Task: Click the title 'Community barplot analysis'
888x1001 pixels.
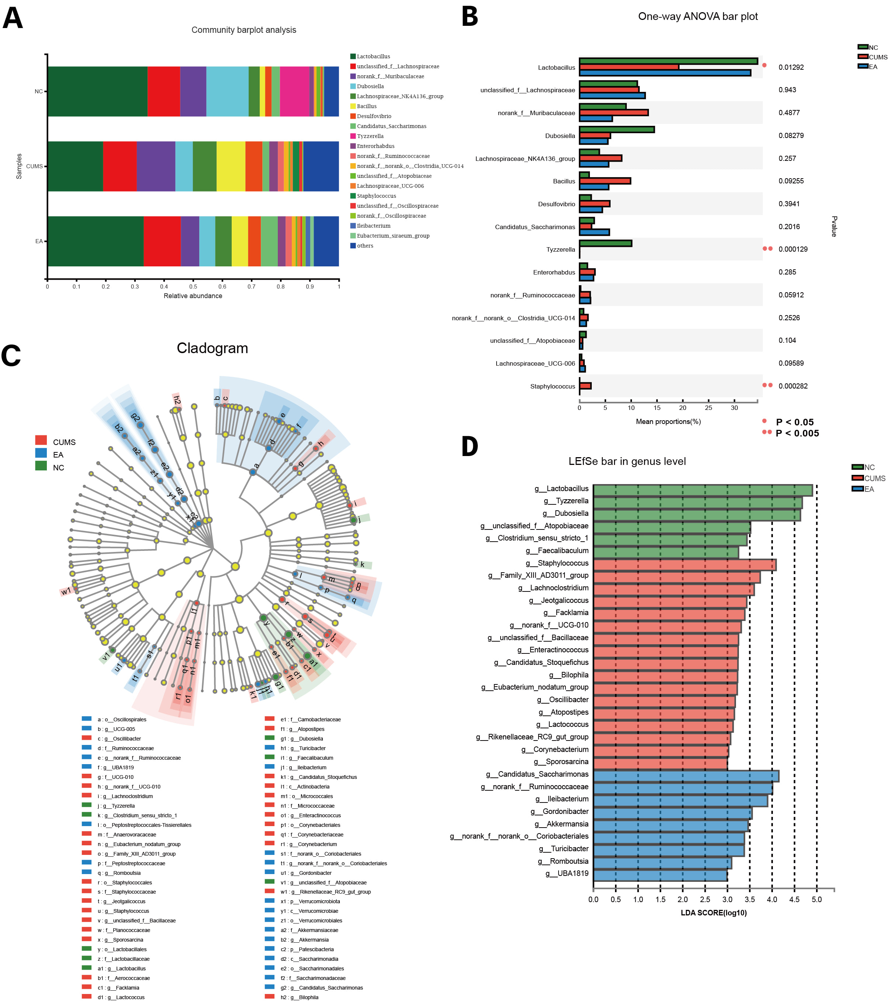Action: (x=243, y=30)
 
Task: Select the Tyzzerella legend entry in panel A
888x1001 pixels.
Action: (x=370, y=136)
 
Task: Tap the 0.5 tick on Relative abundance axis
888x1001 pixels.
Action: (x=193, y=286)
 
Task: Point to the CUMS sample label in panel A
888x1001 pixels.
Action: (x=34, y=166)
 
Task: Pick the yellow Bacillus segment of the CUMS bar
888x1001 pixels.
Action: (x=231, y=166)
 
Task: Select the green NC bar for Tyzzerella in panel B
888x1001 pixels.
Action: (x=605, y=244)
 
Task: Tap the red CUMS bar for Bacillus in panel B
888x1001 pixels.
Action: (x=605, y=181)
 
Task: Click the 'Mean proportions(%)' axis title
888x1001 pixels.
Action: (x=668, y=422)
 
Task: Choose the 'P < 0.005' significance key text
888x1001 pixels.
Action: (x=797, y=434)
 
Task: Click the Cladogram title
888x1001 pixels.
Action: (x=212, y=348)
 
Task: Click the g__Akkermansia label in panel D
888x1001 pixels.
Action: (x=561, y=824)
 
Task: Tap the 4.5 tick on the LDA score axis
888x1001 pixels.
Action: (x=794, y=900)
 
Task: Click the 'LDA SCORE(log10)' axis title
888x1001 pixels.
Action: (x=713, y=913)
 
